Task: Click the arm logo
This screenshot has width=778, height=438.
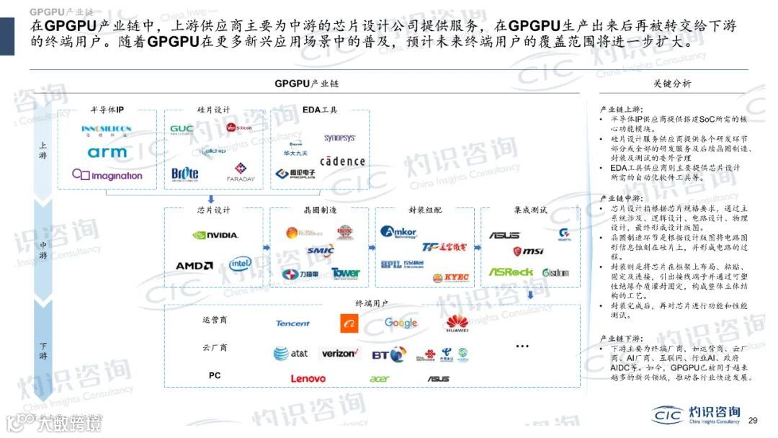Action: [107, 152]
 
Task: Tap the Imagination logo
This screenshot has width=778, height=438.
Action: [107, 175]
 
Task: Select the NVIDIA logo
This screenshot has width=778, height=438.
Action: [215, 235]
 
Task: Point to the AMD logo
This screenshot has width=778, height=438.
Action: [194, 266]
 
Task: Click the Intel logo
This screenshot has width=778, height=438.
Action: [241, 264]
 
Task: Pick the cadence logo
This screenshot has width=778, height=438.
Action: [342, 161]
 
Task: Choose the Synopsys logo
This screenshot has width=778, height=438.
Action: [339, 138]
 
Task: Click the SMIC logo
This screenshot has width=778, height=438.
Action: [321, 251]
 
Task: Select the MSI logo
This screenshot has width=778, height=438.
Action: [528, 251]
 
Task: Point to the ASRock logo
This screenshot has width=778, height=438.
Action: [511, 272]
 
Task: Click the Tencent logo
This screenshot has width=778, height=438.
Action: [292, 323]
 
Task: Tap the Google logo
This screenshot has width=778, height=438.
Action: [401, 323]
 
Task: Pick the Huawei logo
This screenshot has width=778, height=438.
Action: [457, 324]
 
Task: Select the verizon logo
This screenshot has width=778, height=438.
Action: [339, 354]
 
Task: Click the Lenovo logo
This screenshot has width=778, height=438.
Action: [308, 378]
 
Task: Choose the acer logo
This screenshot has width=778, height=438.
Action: [379, 379]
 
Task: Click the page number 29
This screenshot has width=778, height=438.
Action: [754, 421]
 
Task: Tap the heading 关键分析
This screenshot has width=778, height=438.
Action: [672, 84]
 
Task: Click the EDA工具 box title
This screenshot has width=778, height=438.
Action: [320, 110]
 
